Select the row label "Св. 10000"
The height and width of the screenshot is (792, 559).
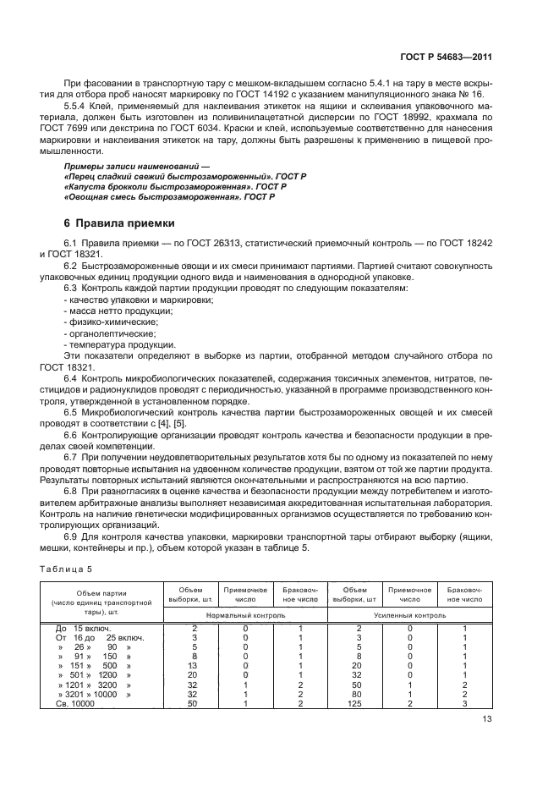point(74,703)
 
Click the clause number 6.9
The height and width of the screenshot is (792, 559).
point(71,536)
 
